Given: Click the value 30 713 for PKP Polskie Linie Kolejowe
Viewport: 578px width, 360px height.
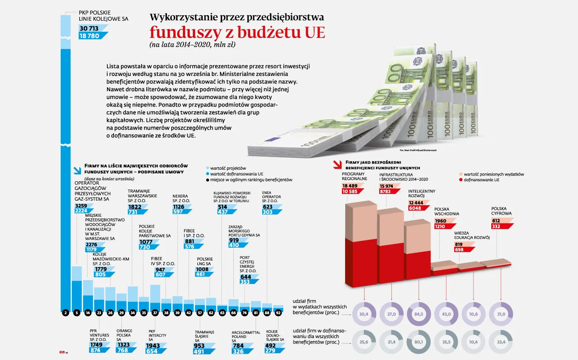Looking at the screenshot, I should pos(90,28).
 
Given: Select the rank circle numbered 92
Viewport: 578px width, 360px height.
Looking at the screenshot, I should pos(278,313).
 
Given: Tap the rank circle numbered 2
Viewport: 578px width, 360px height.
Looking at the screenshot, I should pos(65,313).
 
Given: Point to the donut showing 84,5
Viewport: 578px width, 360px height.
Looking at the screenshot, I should pos(419,314).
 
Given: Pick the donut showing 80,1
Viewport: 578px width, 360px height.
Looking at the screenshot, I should pos(419,342).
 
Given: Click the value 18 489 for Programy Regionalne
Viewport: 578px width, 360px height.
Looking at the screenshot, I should pos(350,186).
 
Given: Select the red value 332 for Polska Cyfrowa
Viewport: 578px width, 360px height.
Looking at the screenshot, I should pos(496,226).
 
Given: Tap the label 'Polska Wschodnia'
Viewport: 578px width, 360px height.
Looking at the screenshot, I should pos(446,211).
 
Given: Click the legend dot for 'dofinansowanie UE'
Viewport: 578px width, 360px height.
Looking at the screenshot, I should pos(461,180).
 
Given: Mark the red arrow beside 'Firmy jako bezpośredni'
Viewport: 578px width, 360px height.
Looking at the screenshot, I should pos(337,165).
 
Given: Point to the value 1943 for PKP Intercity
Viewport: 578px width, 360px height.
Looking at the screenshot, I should pos(153,346).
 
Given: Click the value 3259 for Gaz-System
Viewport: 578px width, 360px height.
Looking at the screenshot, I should pos(81,206).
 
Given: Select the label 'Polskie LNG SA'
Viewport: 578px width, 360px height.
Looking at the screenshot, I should pos(205,261).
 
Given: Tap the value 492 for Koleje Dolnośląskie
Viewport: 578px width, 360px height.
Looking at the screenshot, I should pos(270,346).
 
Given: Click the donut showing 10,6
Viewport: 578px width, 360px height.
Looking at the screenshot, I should pos(473,314).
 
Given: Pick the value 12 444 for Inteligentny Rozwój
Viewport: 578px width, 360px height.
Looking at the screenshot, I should pos(416,203).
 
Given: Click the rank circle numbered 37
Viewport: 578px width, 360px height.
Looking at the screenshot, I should pos(155,313).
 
